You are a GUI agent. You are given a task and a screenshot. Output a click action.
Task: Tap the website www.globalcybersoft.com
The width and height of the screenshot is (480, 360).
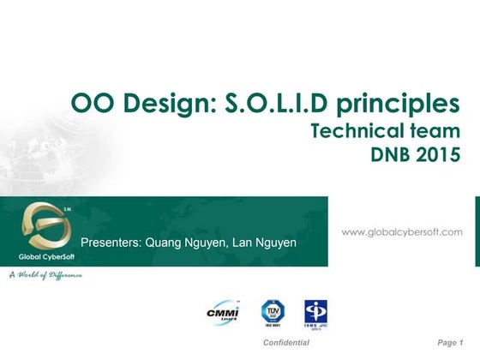(x=402, y=231)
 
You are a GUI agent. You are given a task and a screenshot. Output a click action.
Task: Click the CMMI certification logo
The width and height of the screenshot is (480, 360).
(x=223, y=312)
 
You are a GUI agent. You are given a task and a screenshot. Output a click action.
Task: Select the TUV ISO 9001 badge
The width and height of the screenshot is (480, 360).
(x=273, y=312)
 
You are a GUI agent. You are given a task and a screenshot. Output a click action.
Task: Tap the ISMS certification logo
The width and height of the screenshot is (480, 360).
(x=315, y=314)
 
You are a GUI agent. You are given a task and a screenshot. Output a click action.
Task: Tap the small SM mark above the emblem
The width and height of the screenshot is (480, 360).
(x=67, y=207)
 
